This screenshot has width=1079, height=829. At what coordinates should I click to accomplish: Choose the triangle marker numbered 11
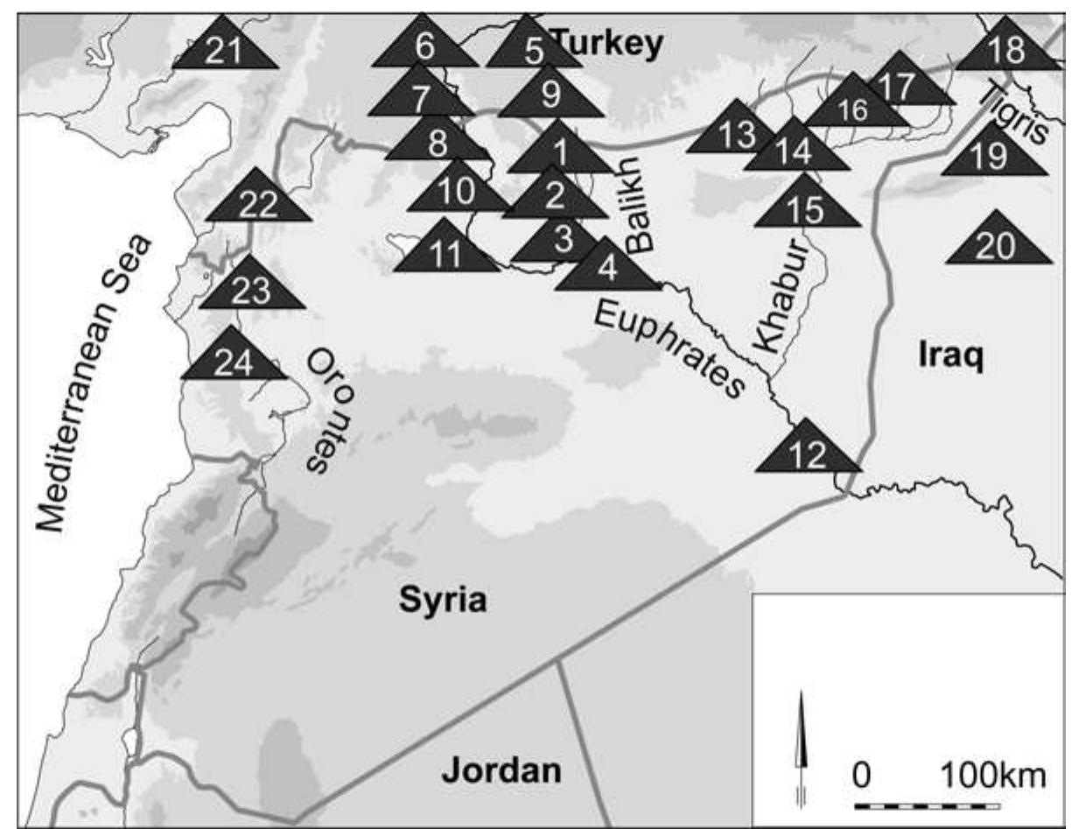pyautogui.click(x=445, y=251)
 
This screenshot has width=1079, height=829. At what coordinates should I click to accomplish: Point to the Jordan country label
pyautogui.click(x=501, y=770)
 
